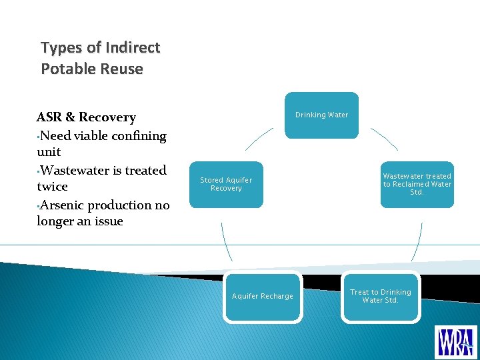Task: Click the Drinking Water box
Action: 321,115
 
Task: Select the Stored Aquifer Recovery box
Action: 226,185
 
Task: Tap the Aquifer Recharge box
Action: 262,297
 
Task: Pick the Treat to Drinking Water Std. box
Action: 381,297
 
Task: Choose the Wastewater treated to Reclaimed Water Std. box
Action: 417,185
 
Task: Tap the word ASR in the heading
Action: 49,117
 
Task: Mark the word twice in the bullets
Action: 53,187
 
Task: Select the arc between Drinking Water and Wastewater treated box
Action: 385,139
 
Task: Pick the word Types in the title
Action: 62,48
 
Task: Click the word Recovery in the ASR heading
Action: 107,117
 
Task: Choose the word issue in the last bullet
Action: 107,221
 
